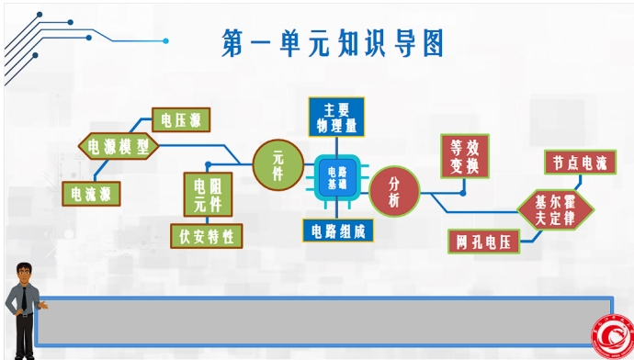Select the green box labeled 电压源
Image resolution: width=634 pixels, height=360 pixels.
coord(181,118)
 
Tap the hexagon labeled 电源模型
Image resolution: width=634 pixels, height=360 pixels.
coord(119,146)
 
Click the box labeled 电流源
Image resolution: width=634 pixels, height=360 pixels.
coord(91,194)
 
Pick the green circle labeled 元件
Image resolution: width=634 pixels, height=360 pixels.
coord(277,165)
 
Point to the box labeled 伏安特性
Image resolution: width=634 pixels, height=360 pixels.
coord(207,236)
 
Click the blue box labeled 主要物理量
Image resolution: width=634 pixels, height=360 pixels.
coord(335,117)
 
